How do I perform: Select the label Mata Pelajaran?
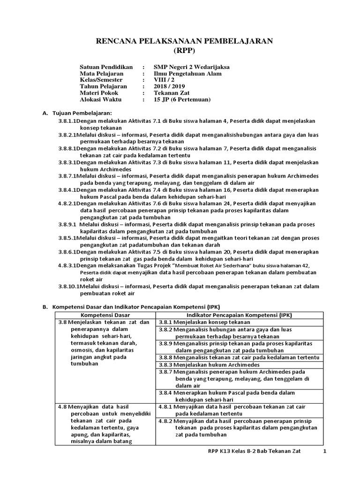(102, 74)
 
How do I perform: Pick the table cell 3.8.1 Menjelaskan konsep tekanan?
(204, 322)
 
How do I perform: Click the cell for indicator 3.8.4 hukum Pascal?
(226, 396)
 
